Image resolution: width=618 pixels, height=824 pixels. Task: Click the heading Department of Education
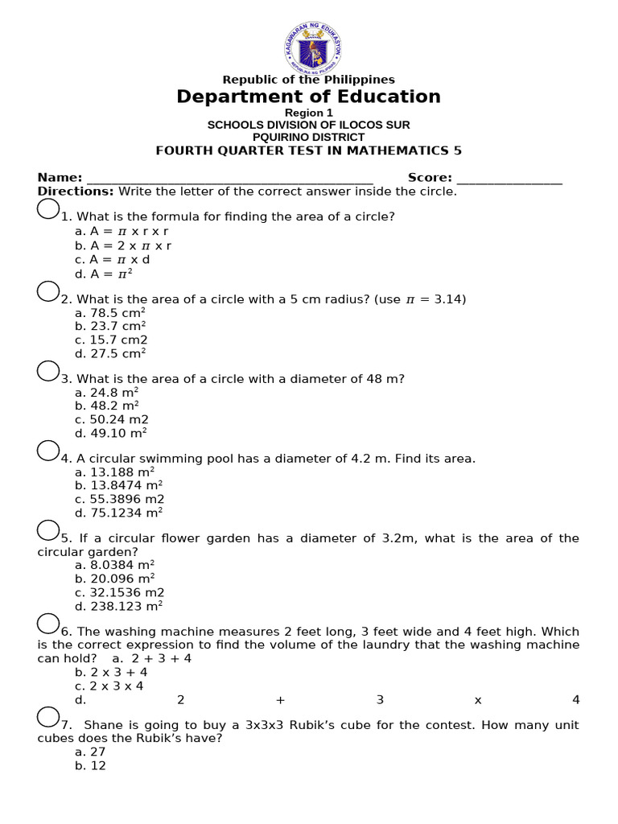click(309, 97)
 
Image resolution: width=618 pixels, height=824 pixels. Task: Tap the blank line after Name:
click(229, 179)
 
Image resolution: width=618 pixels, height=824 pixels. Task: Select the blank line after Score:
click(509, 179)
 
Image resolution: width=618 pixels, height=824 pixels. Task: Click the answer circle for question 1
click(48, 209)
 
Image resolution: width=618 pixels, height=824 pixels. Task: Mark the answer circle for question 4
click(48, 451)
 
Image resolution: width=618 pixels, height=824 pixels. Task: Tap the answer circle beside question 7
click(48, 717)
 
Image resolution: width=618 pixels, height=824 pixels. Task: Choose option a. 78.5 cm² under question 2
click(110, 313)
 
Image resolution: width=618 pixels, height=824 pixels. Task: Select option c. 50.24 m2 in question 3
click(112, 419)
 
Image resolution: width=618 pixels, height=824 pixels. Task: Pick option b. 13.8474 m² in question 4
click(119, 485)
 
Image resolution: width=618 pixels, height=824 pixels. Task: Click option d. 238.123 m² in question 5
click(119, 605)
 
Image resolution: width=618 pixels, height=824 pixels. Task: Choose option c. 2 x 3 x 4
click(109, 686)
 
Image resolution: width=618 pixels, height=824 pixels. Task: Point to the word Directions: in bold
click(76, 192)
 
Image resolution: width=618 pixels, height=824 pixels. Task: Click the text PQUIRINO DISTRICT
click(309, 137)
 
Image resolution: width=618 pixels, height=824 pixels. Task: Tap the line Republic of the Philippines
click(309, 80)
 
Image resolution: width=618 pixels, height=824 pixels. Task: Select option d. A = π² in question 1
click(103, 274)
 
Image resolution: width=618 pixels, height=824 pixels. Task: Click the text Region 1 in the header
click(309, 113)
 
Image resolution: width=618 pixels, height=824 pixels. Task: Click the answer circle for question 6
click(48, 624)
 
